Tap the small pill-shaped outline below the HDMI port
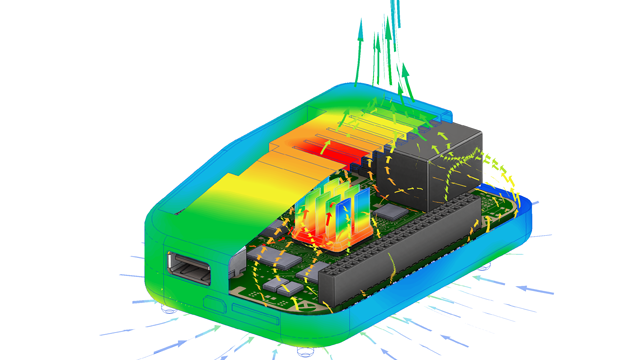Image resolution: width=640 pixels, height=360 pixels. tap(211, 301)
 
